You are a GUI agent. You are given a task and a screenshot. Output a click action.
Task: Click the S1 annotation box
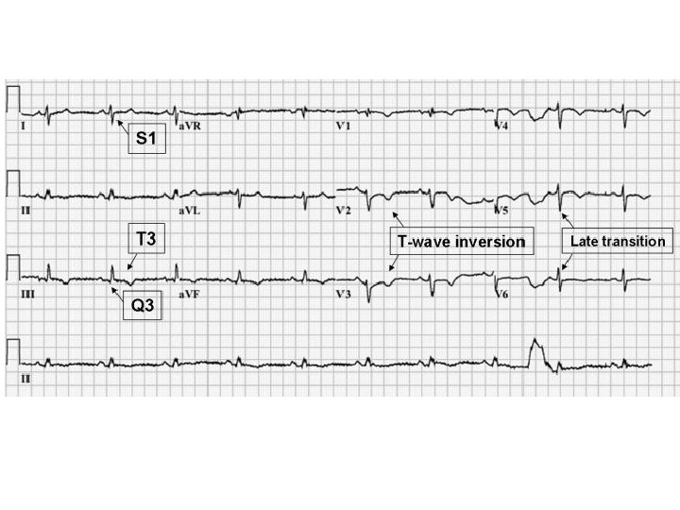click(145, 139)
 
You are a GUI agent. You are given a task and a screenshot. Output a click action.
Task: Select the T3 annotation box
click(145, 240)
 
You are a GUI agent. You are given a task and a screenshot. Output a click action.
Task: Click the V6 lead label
click(504, 295)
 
